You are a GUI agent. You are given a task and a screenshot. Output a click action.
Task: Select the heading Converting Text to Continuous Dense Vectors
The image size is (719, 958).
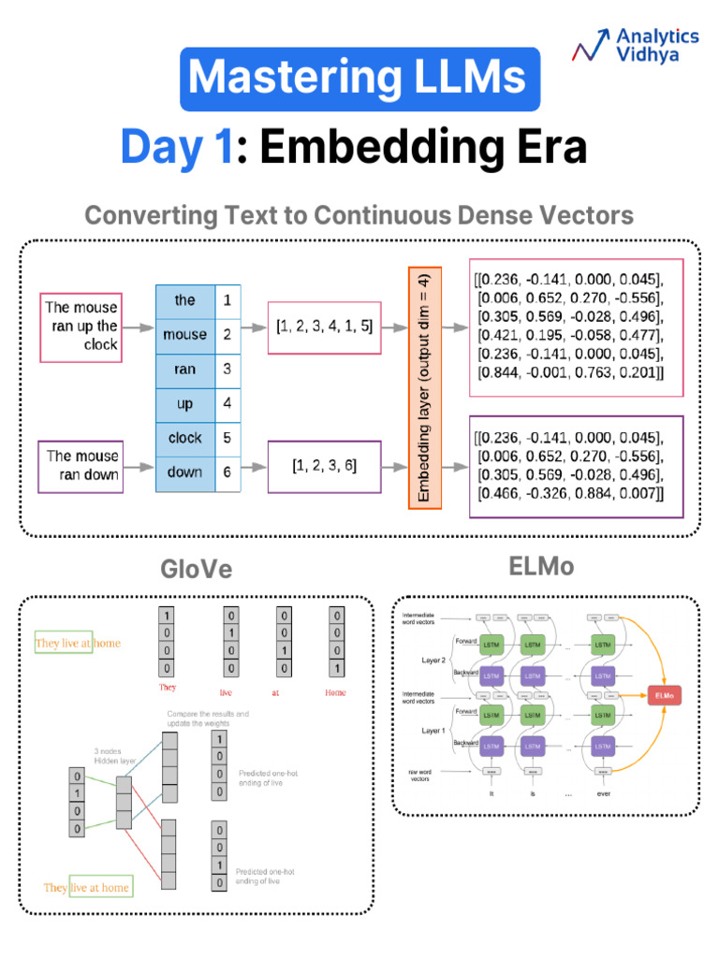[359, 216]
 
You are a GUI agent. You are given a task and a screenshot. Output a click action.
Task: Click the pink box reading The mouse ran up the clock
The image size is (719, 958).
[81, 327]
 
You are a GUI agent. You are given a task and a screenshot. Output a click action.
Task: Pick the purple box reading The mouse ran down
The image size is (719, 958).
[81, 465]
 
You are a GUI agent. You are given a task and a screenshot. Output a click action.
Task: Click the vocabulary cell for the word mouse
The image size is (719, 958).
[184, 335]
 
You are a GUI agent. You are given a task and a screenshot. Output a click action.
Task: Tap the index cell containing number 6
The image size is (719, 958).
[227, 472]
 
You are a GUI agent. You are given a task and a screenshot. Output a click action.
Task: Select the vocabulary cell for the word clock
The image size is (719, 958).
[184, 438]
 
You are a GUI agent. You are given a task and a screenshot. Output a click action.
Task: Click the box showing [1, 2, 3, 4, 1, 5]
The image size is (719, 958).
[324, 327]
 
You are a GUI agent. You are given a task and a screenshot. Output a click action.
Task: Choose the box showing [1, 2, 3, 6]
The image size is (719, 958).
[324, 465]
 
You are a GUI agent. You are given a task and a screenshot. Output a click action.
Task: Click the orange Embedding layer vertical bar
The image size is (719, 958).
[424, 386]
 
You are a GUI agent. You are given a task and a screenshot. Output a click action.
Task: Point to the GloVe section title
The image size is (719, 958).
[196, 570]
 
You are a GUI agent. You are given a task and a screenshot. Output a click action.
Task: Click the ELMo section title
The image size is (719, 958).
[541, 567]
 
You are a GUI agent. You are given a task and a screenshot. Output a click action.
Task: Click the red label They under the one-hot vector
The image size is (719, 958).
[168, 688]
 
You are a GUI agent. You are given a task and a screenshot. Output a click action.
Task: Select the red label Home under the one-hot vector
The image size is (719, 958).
[334, 692]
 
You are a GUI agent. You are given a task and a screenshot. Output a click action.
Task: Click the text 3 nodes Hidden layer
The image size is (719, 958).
[114, 756]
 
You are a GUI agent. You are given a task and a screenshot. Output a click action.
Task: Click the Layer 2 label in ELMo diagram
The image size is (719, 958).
[433, 660]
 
